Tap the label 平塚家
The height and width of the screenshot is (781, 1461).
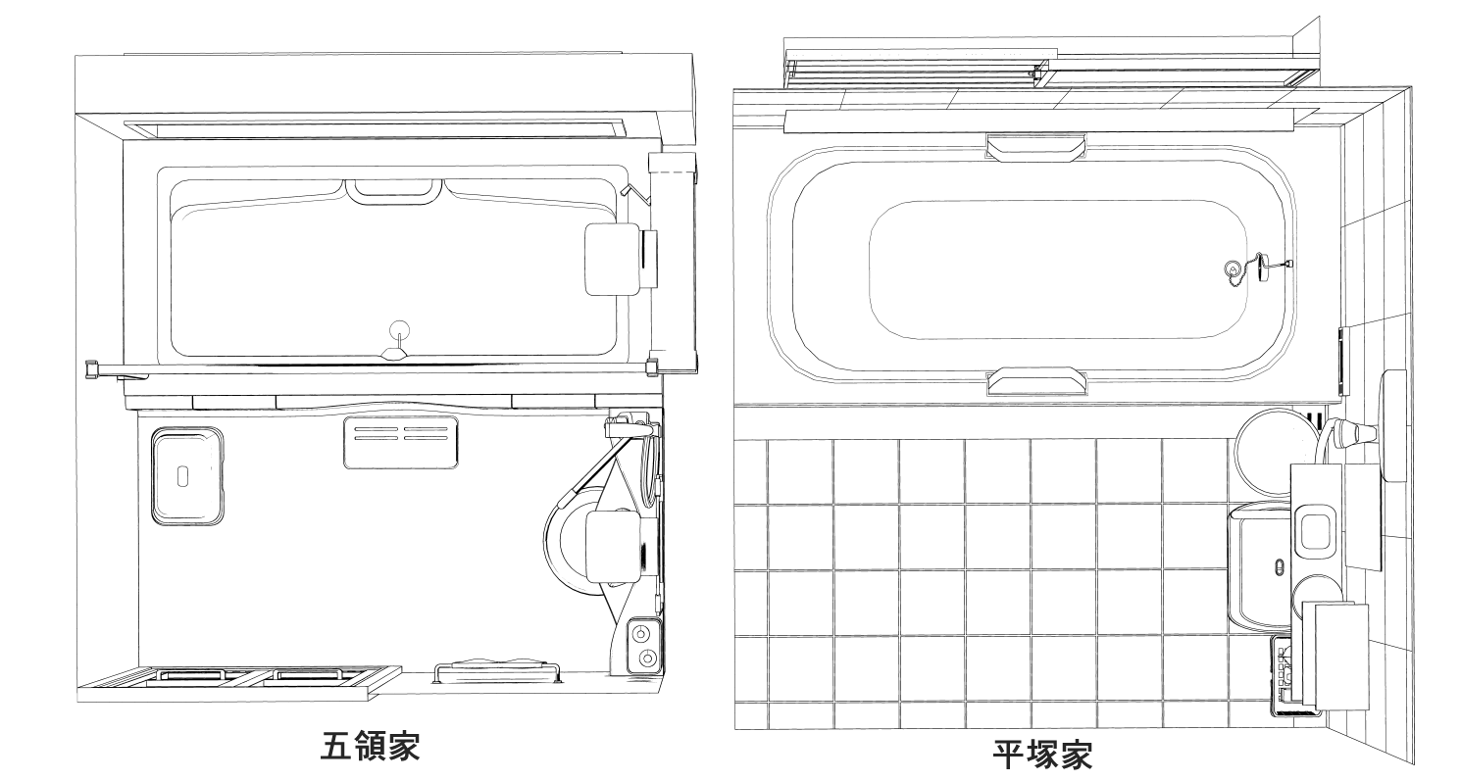1042,756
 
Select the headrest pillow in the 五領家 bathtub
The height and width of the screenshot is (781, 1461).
612,259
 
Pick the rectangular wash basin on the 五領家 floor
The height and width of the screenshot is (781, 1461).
187,476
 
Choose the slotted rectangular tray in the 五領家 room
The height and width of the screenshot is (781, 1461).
400,442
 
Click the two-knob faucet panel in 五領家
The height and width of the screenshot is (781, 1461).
644,645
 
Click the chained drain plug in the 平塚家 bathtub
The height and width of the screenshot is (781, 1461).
1232,268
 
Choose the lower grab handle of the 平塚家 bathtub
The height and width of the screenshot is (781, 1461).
1035,380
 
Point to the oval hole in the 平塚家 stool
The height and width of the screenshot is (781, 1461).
1279,567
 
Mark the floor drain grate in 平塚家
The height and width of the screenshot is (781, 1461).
1285,676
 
